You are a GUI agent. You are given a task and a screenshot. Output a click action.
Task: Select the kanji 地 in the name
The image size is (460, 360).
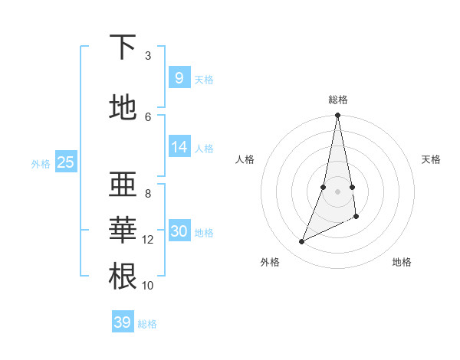tap(123, 107)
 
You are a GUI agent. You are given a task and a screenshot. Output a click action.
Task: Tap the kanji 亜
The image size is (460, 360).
tap(123, 184)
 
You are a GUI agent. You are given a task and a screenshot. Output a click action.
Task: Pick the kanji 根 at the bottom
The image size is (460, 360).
tap(123, 276)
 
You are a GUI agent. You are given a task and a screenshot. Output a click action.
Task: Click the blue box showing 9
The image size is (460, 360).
tap(179, 77)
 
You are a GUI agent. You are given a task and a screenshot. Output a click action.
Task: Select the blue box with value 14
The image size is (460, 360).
tap(179, 147)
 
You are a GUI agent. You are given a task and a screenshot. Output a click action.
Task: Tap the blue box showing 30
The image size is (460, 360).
tap(179, 231)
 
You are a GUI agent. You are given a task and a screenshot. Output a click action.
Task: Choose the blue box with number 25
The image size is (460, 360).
tap(65, 162)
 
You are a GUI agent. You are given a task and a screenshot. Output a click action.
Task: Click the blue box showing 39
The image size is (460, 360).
tap(123, 322)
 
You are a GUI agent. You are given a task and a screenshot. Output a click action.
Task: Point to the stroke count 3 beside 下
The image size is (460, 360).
tap(148, 56)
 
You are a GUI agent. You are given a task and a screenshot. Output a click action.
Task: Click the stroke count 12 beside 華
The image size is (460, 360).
tap(148, 240)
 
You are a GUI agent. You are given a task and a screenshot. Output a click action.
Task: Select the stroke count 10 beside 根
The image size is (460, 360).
tap(148, 286)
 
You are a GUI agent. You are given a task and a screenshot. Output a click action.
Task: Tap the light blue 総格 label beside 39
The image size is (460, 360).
tap(147, 324)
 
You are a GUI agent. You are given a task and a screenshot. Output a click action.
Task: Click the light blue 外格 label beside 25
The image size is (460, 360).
tap(41, 163)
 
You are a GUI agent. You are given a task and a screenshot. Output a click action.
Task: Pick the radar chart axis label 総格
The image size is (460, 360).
tap(337, 100)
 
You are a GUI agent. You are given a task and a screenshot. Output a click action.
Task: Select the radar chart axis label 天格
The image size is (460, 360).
tap(431, 159)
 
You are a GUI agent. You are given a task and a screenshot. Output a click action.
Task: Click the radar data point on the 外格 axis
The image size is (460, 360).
tap(302, 242)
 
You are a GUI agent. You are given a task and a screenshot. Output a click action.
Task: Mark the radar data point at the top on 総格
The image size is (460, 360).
tap(337, 116)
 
